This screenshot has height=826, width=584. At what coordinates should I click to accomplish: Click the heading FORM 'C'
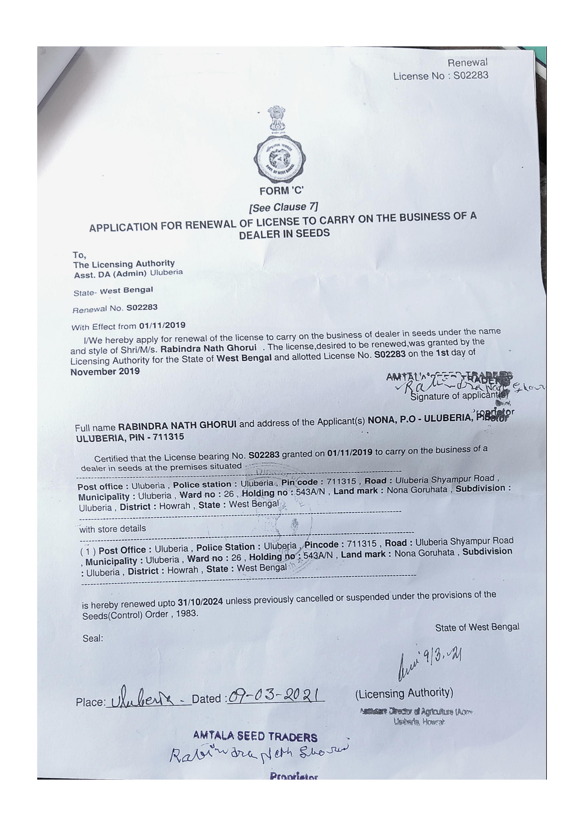pos(281,191)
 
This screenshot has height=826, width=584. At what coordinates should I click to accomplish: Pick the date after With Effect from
pos(162,326)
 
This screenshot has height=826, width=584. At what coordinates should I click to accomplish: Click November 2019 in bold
pos(105,372)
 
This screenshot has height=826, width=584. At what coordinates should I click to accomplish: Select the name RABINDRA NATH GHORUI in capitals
pos(177,426)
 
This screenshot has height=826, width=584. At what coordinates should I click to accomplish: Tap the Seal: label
pos(93,638)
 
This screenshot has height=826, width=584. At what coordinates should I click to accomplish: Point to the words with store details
pos(113,528)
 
